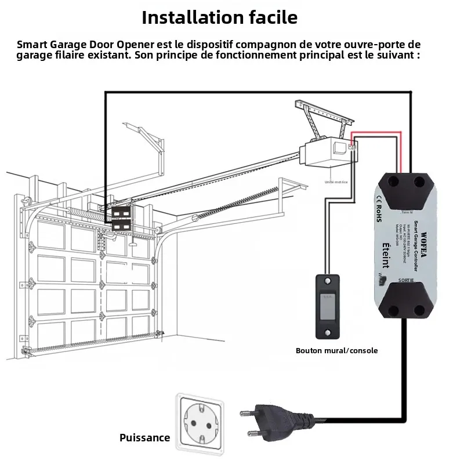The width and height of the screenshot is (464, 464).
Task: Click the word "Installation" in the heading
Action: point(187,17)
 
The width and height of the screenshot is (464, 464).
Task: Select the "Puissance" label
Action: point(145,438)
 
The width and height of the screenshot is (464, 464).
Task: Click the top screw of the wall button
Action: point(329,284)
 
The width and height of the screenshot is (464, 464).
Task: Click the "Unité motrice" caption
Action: point(336,182)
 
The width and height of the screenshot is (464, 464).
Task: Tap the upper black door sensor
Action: point(122,212)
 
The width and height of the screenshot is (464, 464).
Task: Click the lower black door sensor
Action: point(122,224)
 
